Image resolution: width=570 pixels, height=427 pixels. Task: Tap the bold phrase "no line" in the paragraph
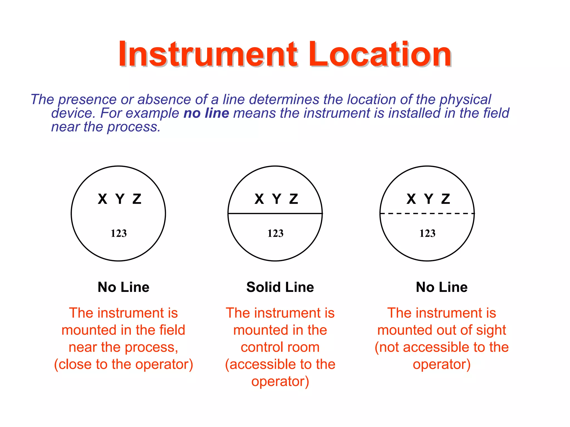206,113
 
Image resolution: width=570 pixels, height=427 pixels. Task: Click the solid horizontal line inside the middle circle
275,213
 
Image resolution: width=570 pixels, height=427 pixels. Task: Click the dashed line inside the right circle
427,213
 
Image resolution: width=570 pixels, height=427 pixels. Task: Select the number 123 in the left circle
119,233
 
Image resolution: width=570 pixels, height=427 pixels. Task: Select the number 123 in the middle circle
275,233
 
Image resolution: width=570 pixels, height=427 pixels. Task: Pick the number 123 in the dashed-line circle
427,233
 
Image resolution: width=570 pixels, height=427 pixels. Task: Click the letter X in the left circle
102,199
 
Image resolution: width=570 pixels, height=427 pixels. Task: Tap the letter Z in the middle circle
294,199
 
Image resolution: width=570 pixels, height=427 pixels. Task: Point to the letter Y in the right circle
429,199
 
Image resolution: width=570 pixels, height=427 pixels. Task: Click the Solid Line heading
280,287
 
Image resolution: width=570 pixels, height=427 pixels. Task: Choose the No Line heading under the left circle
123,287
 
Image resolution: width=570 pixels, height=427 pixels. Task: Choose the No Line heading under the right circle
442,287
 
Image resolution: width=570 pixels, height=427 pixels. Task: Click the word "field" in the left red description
172,330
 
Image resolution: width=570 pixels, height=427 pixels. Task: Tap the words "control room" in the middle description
280,347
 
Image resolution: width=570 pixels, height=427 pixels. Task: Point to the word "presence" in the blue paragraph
87,100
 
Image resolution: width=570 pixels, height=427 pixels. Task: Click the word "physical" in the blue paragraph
465,100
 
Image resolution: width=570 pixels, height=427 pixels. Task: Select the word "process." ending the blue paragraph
134,127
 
